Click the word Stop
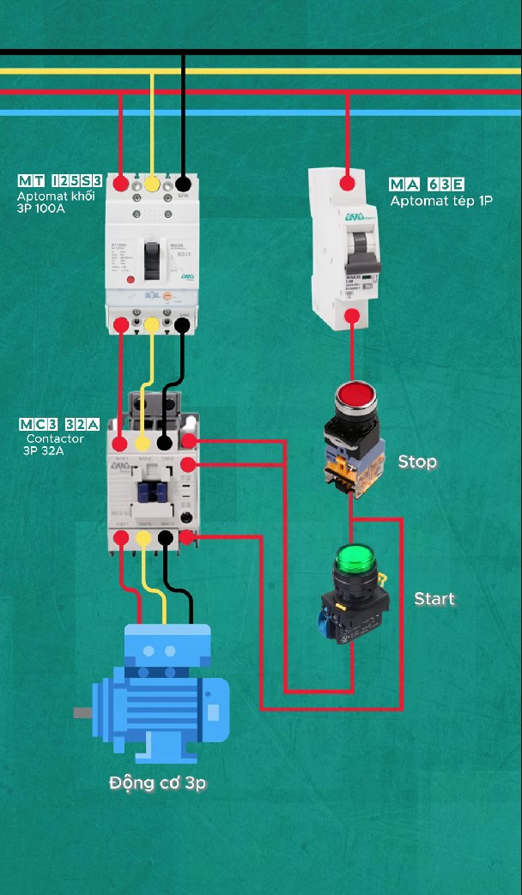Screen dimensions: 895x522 pos(417,462)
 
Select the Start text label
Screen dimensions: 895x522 pos(434,598)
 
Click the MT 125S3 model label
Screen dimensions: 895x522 pos(59,181)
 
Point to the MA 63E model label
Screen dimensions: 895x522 pos(427,184)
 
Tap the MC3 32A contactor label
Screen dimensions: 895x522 pos(59,425)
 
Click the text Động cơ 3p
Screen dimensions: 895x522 pos(158,783)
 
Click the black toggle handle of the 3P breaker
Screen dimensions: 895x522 pos(151,258)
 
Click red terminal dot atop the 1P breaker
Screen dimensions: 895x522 pos(348,183)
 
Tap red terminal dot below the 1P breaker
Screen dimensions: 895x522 pos(351,317)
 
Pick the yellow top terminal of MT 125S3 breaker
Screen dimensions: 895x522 pos(152,184)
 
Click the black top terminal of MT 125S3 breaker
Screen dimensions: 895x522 pos(183,184)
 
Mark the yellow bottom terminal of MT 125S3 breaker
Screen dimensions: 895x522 pos(152,324)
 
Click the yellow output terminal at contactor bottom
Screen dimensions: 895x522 pos(143,538)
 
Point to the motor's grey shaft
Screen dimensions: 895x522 pos(82,712)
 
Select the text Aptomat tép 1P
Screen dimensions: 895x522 pos(441,201)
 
